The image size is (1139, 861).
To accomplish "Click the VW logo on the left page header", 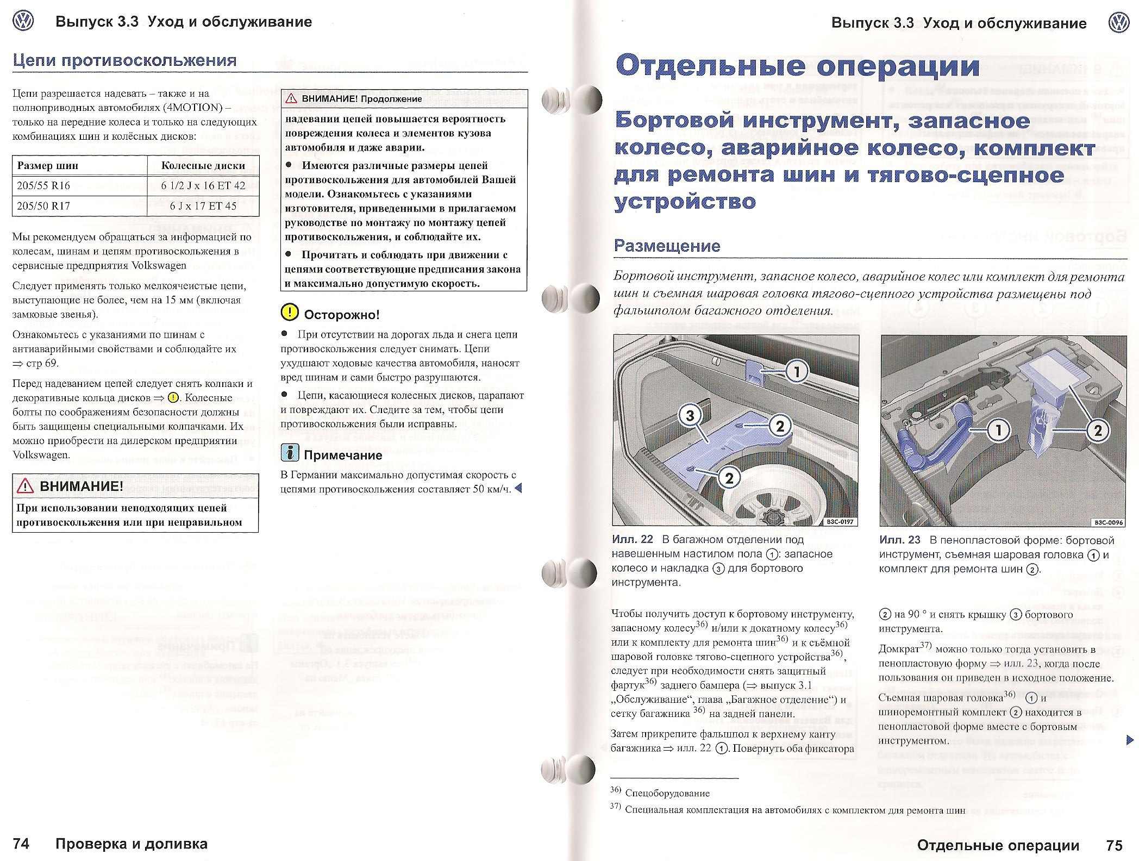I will [23, 22].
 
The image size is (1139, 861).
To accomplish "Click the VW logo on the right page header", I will [1119, 23].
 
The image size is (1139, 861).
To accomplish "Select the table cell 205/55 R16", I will [43, 185].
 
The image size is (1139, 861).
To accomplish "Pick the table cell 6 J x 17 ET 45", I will [203, 206].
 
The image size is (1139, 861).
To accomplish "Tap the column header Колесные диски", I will [203, 166].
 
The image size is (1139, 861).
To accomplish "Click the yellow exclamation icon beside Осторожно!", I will [290, 313].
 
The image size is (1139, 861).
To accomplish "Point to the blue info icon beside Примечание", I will [290, 453].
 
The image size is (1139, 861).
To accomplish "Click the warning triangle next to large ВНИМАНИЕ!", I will [26, 486].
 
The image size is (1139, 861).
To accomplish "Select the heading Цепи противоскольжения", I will [124, 60].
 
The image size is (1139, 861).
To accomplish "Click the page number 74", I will [21, 844].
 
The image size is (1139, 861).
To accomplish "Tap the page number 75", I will [1114, 845].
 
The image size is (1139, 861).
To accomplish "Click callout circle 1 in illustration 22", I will [797, 372].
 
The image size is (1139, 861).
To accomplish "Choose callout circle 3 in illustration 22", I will [690, 416].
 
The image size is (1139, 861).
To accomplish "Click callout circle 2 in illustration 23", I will [1097, 430].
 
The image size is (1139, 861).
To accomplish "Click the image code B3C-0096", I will [1108, 522].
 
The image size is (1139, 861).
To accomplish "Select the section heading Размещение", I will [667, 246].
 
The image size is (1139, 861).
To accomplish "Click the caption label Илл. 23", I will [900, 540].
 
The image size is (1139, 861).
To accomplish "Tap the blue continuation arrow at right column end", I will [1130, 740].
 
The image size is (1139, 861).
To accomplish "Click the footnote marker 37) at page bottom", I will [616, 806].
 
